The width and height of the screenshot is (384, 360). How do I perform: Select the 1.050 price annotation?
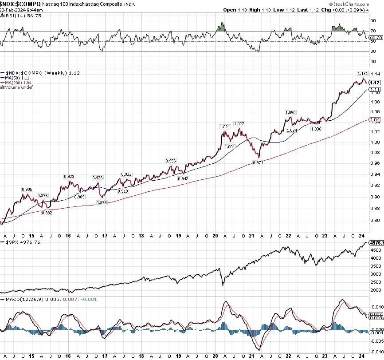tap(290, 113)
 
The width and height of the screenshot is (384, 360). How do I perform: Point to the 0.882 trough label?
tap(47, 213)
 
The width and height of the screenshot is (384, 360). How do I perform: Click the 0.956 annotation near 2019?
tap(171, 161)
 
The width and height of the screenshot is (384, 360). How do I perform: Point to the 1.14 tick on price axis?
tap(375, 74)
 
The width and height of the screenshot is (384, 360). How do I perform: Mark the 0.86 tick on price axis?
tap(375, 221)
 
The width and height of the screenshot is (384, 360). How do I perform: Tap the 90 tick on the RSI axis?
tap(373, 20)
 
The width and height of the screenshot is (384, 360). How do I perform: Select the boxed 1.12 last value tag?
tap(375, 83)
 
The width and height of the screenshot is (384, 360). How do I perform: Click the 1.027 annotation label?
tap(239, 123)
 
